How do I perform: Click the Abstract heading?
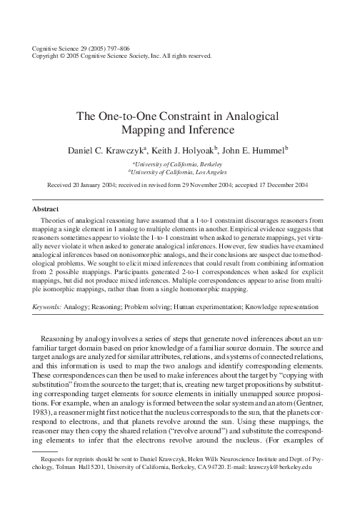[46, 209]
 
